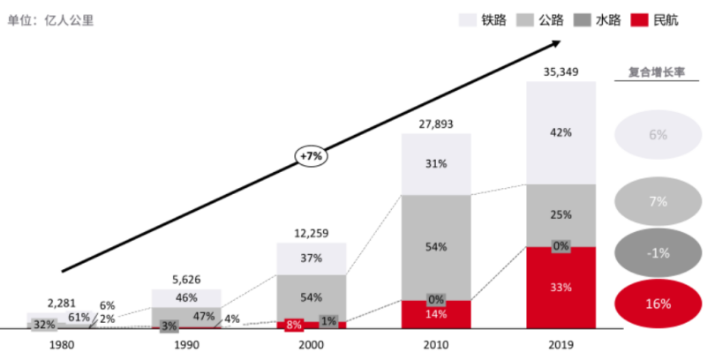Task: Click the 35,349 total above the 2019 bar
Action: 561,70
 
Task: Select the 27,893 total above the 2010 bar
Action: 435,124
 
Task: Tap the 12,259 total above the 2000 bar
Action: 311,233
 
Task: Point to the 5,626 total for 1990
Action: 186,280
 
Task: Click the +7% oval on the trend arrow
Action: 311,156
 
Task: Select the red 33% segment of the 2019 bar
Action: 561,287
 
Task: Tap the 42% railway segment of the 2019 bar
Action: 561,132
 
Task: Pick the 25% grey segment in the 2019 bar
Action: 561,214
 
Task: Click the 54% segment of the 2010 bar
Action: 435,247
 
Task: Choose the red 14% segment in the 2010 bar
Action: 435,314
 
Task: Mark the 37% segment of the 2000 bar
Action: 311,258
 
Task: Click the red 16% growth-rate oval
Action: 657,304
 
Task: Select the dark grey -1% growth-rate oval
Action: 657,253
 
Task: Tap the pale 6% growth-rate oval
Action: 657,135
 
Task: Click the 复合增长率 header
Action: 657,74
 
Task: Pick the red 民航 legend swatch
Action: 640,19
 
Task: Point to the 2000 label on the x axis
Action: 311,346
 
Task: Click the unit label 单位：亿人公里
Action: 50,19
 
